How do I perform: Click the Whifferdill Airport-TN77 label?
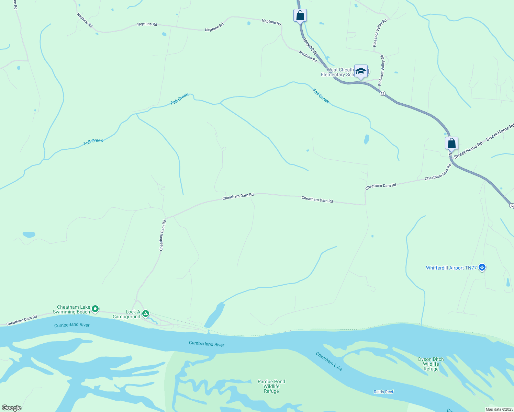[451, 268]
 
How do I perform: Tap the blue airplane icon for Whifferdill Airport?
[482, 267]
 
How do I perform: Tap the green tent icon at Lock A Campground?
[146, 313]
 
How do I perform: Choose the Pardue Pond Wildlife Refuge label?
[271, 386]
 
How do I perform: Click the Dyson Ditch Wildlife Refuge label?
[431, 364]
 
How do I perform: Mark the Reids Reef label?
[383, 392]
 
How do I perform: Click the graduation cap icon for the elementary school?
[361, 71]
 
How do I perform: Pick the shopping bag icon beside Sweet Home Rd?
[451, 143]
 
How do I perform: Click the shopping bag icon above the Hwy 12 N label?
[300, 15]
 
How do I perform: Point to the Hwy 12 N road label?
[310, 46]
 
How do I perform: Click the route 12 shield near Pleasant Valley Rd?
[382, 93]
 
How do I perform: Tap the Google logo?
[12, 408]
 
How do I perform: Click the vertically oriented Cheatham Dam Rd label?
[163, 236]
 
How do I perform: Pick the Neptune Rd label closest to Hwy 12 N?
[308, 56]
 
